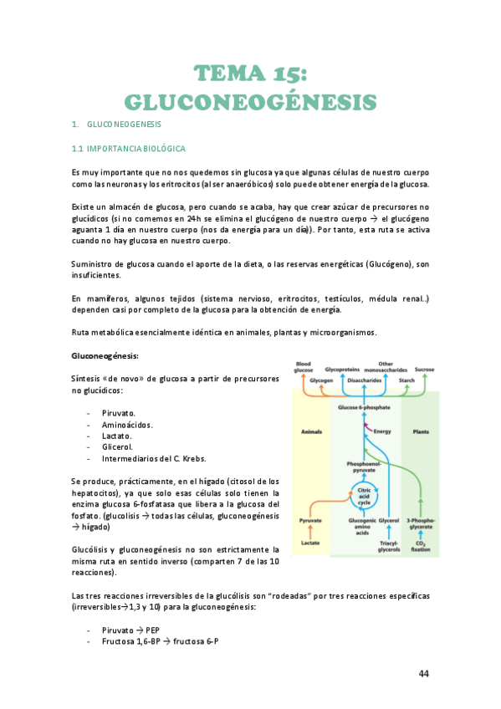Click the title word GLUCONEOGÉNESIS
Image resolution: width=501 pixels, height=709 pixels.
pos(250,102)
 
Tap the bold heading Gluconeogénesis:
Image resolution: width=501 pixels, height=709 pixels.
pos(105,355)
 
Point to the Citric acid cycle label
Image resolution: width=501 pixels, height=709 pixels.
pos(365,497)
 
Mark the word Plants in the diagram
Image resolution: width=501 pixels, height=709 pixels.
pos(422,431)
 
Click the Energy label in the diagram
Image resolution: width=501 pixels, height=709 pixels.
pos(382,431)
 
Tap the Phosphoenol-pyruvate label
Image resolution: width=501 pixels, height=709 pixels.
pos(364,467)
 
